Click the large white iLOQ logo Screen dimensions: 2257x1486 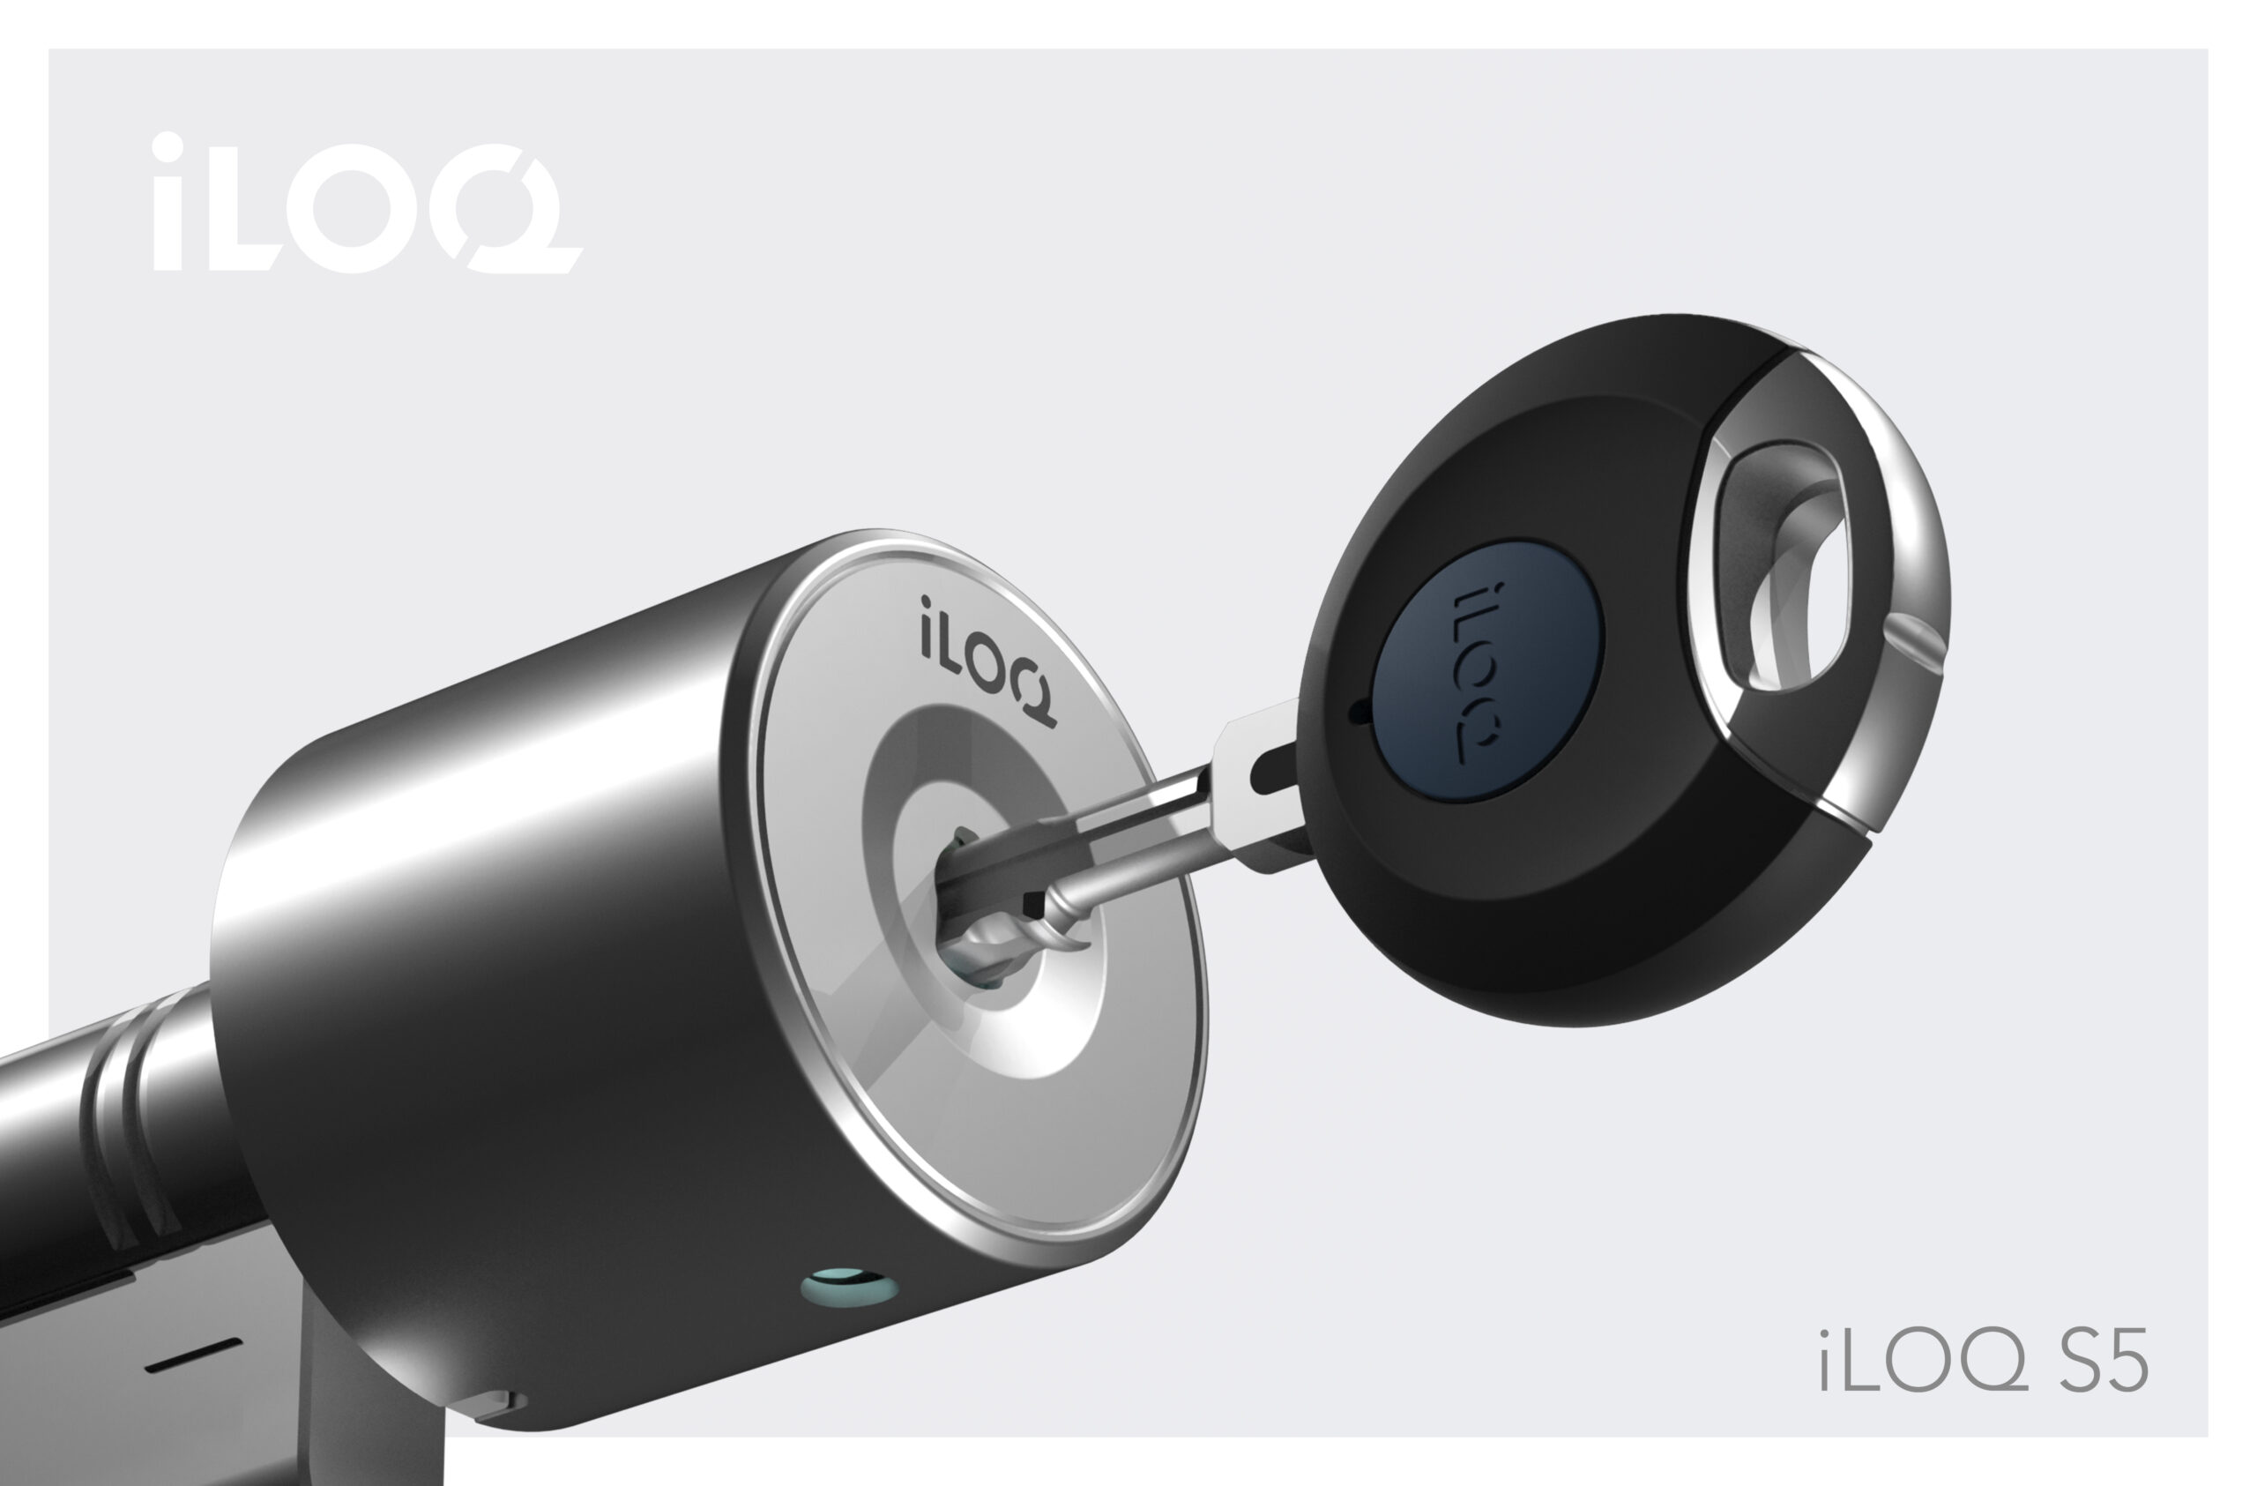[367, 202]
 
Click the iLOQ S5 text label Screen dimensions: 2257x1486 [1983, 1361]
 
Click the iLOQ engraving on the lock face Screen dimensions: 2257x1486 [987, 661]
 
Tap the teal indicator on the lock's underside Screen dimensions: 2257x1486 [848, 1287]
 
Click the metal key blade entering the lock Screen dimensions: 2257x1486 [1119, 834]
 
